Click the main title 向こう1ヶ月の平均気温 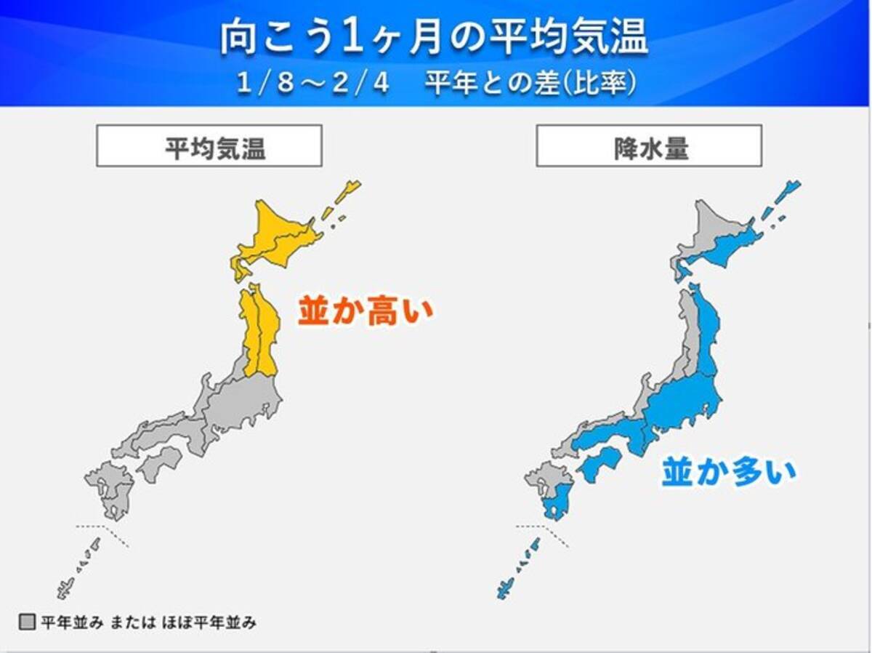coord(434,39)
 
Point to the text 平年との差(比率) coord(531,83)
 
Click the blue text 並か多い coord(728,473)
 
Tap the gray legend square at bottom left coord(27,622)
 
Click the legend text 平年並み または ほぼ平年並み coord(148,622)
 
